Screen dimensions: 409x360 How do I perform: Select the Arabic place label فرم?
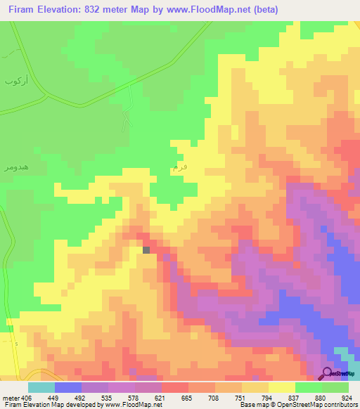click(180, 167)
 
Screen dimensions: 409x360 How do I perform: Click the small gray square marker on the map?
click(146, 249)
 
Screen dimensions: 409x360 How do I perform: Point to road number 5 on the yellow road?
click(15, 344)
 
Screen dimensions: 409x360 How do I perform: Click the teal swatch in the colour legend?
click(41, 387)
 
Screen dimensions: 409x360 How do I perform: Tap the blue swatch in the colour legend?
click(67, 387)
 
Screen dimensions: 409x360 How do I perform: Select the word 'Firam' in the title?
click(22, 10)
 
